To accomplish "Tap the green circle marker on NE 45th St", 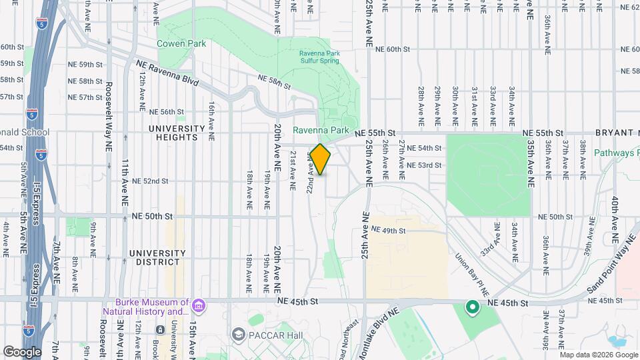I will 473,307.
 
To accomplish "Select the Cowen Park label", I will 181,44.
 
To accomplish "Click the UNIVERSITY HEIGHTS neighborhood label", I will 177,133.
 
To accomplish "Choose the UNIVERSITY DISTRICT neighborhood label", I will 157,257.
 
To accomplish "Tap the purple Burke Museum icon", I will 198,306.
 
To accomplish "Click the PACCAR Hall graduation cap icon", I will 238,333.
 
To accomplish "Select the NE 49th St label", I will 389,230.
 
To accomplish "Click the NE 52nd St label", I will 150,181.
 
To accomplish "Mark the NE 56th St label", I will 167,112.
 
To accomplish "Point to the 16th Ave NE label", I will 211,121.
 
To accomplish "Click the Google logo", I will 22,351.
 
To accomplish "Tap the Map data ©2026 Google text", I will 599,355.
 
